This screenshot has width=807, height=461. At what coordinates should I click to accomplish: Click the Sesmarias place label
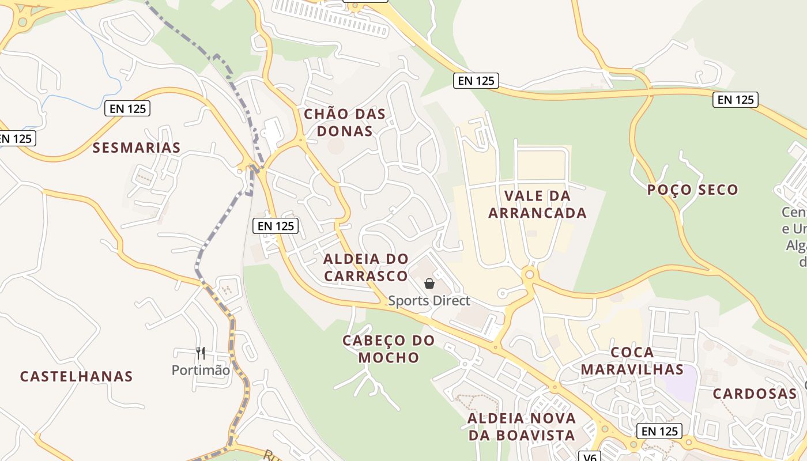tap(137, 148)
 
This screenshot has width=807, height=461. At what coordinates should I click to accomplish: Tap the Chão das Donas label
tap(345, 122)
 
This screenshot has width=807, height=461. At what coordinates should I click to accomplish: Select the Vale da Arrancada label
tap(537, 205)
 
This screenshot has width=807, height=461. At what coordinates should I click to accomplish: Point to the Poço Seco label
tap(692, 190)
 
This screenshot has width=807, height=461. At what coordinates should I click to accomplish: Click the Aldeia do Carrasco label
tap(366, 267)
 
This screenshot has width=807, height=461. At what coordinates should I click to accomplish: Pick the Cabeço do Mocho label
tap(389, 349)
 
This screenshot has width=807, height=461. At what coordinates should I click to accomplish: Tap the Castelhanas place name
tap(76, 377)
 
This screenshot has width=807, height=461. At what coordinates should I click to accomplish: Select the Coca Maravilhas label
tap(632, 361)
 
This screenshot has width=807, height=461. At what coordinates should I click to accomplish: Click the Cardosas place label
tap(754, 394)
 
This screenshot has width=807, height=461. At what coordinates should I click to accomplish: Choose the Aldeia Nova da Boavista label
tap(522, 426)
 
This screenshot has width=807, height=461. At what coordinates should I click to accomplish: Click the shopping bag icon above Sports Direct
tap(429, 283)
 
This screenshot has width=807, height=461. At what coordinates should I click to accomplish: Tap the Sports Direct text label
tap(429, 301)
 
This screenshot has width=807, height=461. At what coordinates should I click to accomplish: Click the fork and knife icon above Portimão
tap(201, 353)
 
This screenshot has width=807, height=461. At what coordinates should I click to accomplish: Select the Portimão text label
tap(201, 370)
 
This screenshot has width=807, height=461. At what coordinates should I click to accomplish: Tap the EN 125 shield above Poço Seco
tap(736, 100)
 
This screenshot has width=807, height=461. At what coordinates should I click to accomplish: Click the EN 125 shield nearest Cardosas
tap(659, 431)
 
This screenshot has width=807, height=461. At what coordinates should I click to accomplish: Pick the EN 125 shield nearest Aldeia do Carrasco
tap(276, 226)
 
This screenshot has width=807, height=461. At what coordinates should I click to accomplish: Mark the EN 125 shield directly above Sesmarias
tap(127, 108)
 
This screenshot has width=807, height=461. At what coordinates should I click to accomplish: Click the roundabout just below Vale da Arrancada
tap(529, 275)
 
